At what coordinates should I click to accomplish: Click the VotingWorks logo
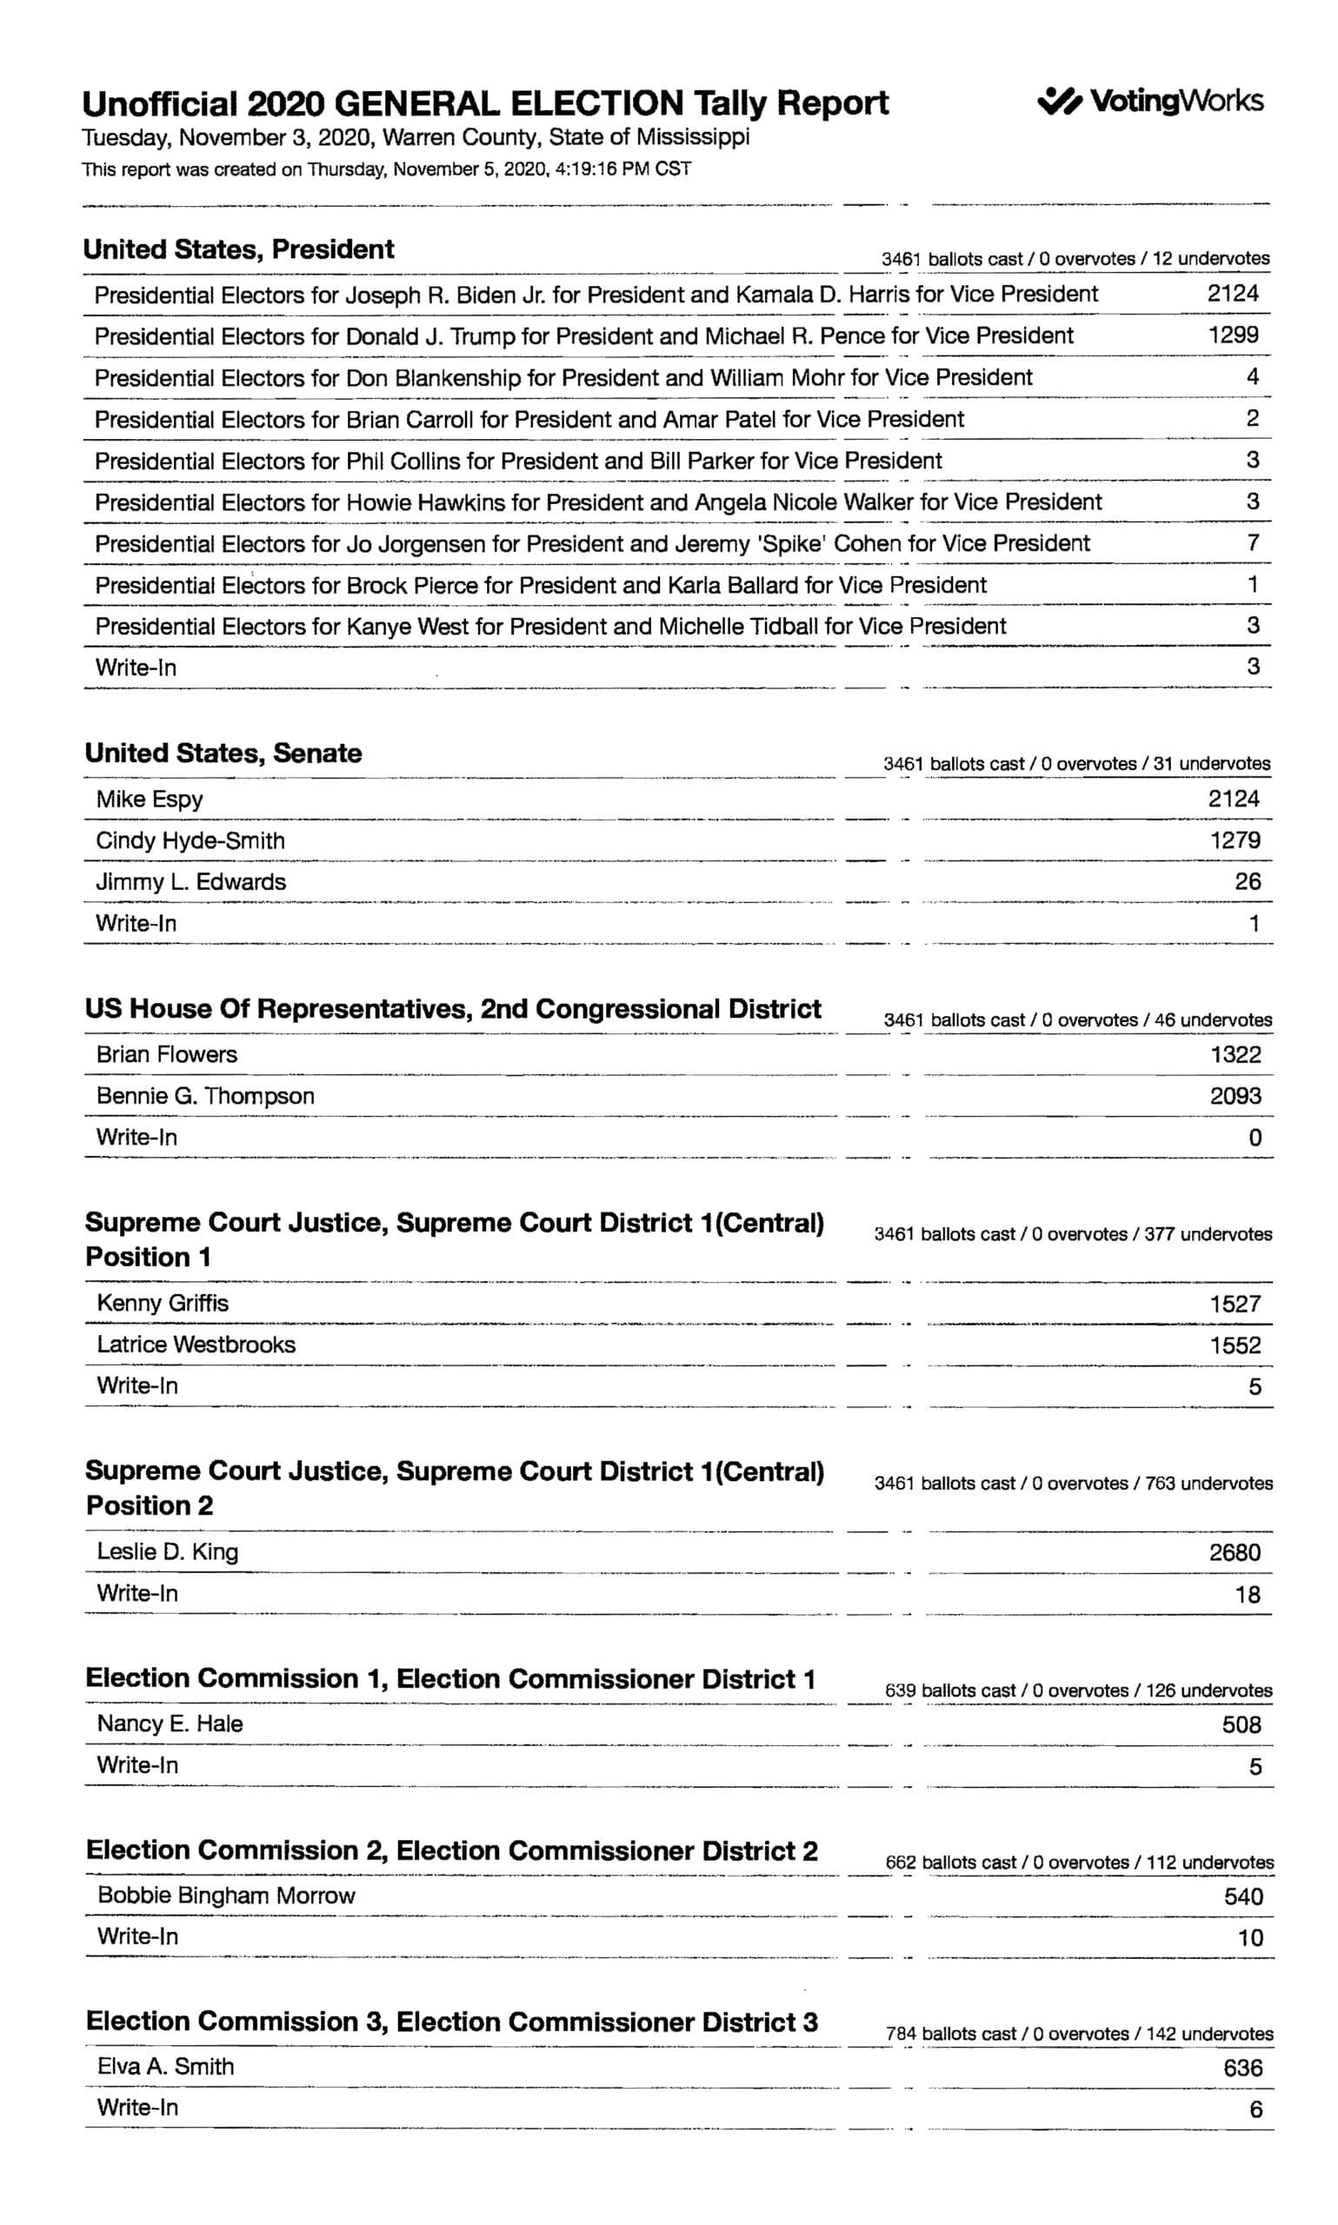pos(1149,101)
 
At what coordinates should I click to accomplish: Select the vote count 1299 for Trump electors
pos(1233,335)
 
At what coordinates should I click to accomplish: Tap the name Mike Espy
pos(150,800)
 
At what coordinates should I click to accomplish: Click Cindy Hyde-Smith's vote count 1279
pos(1235,840)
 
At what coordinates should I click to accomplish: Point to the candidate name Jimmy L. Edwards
pos(191,881)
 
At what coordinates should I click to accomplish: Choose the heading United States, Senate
pos(223,754)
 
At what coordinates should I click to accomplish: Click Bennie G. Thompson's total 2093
pos(1235,1096)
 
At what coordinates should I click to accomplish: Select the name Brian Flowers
pos(167,1054)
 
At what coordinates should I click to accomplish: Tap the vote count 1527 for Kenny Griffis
pos(1235,1303)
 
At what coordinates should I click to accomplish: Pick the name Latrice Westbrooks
pos(196,1344)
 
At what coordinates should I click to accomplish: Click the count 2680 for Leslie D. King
pos(1235,1551)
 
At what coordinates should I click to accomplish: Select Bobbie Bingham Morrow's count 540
pos(1242,1896)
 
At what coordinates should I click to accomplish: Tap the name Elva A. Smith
pos(166,2067)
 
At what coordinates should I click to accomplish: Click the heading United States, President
pos(239,249)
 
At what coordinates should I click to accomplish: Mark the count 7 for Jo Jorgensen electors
pos(1252,542)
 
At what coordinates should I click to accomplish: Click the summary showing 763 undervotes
pos(1073,1484)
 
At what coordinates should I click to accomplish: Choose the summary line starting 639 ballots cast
pos(1078,1690)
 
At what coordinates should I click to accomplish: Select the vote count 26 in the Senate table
pos(1247,881)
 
